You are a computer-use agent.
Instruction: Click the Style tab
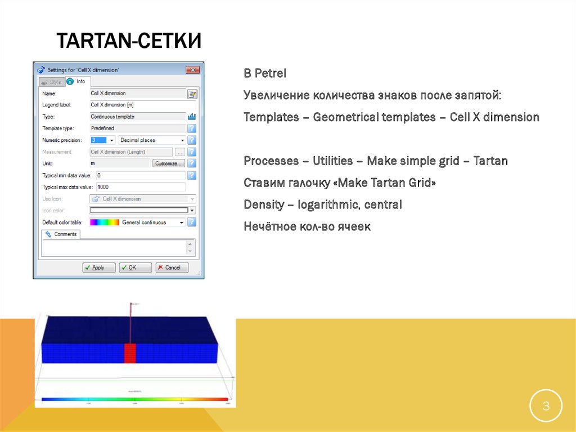[x=51, y=82]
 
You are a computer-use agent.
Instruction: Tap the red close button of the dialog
[x=193, y=70]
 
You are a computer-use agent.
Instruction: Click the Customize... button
[x=168, y=163]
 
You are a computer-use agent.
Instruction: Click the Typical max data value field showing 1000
[x=141, y=187]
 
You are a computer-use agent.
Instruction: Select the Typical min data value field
[x=141, y=176]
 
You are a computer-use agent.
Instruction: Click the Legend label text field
[x=143, y=105]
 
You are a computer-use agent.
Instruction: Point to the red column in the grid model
[x=130, y=353]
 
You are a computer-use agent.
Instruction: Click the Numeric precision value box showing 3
[x=98, y=140]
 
